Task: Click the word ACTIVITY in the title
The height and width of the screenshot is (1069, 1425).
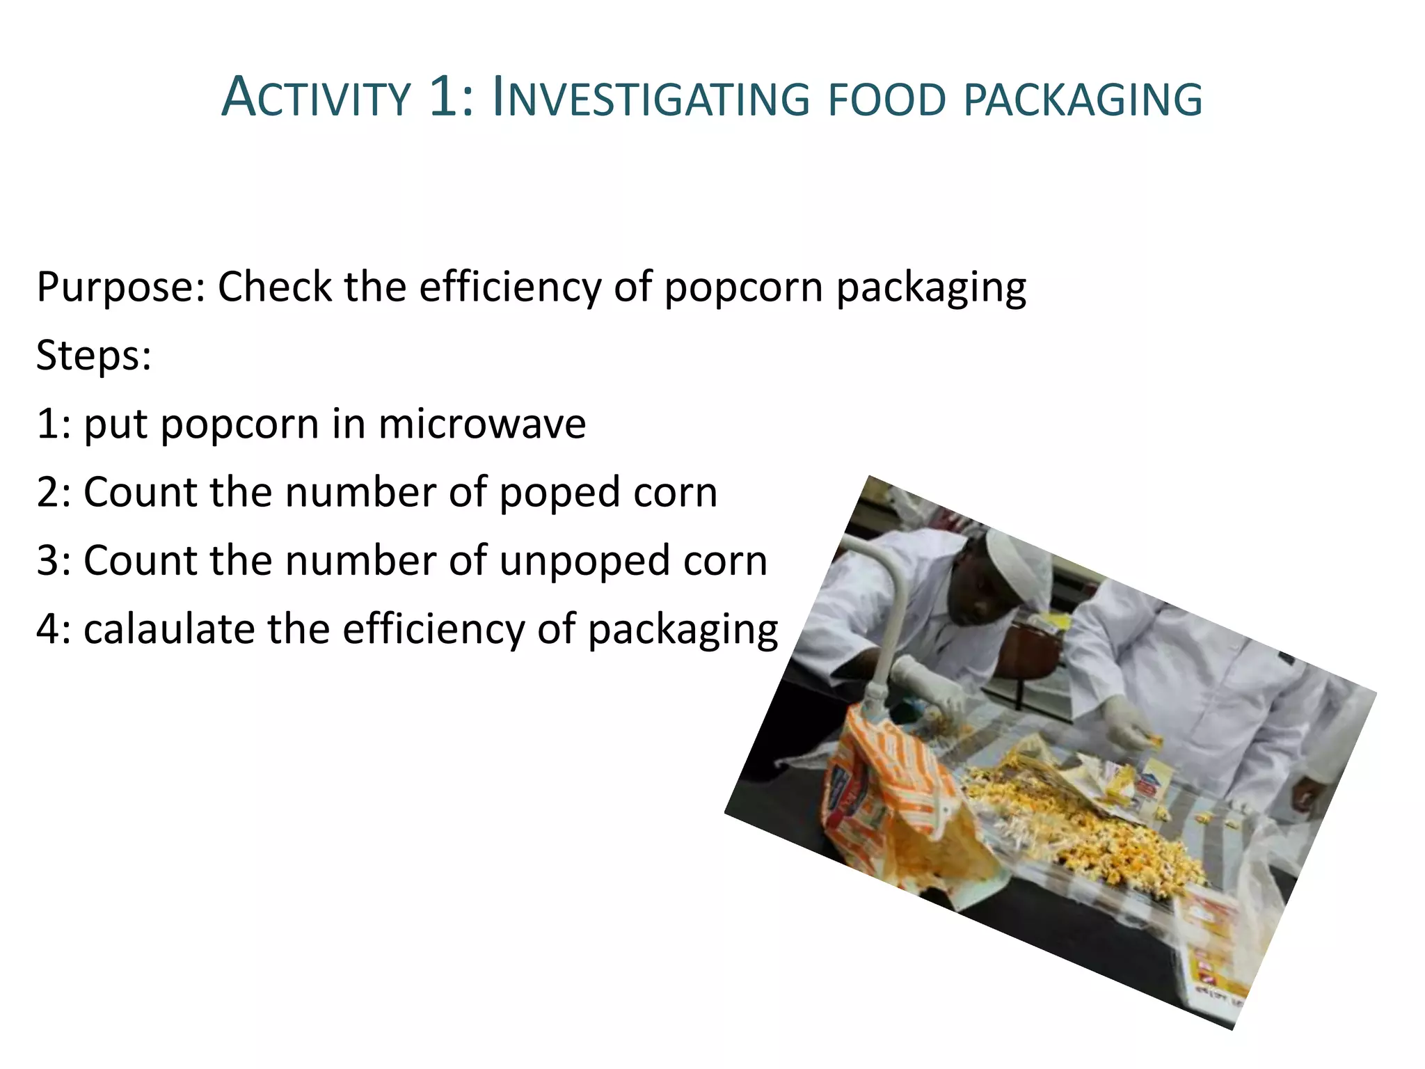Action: (x=317, y=98)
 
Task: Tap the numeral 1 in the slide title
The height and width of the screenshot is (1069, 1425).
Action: (x=443, y=97)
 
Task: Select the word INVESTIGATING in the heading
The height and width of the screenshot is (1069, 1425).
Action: (x=651, y=98)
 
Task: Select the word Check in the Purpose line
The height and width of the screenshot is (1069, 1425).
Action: (x=275, y=287)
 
